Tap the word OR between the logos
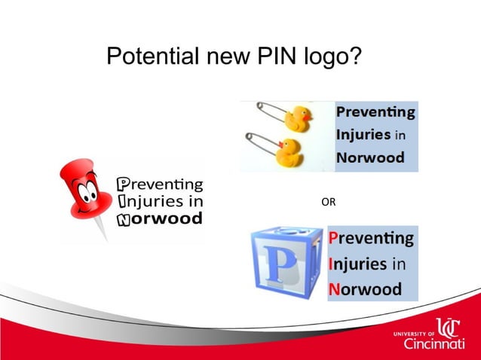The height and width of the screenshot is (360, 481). [x=329, y=202]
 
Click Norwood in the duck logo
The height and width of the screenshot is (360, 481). [x=370, y=158]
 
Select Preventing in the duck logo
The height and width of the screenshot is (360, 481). [x=375, y=113]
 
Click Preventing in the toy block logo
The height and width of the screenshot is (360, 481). [x=372, y=239]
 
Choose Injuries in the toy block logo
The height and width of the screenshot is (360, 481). [x=358, y=264]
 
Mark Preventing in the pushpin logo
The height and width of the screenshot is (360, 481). [x=160, y=183]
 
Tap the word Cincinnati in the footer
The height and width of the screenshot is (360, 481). [x=434, y=344]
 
